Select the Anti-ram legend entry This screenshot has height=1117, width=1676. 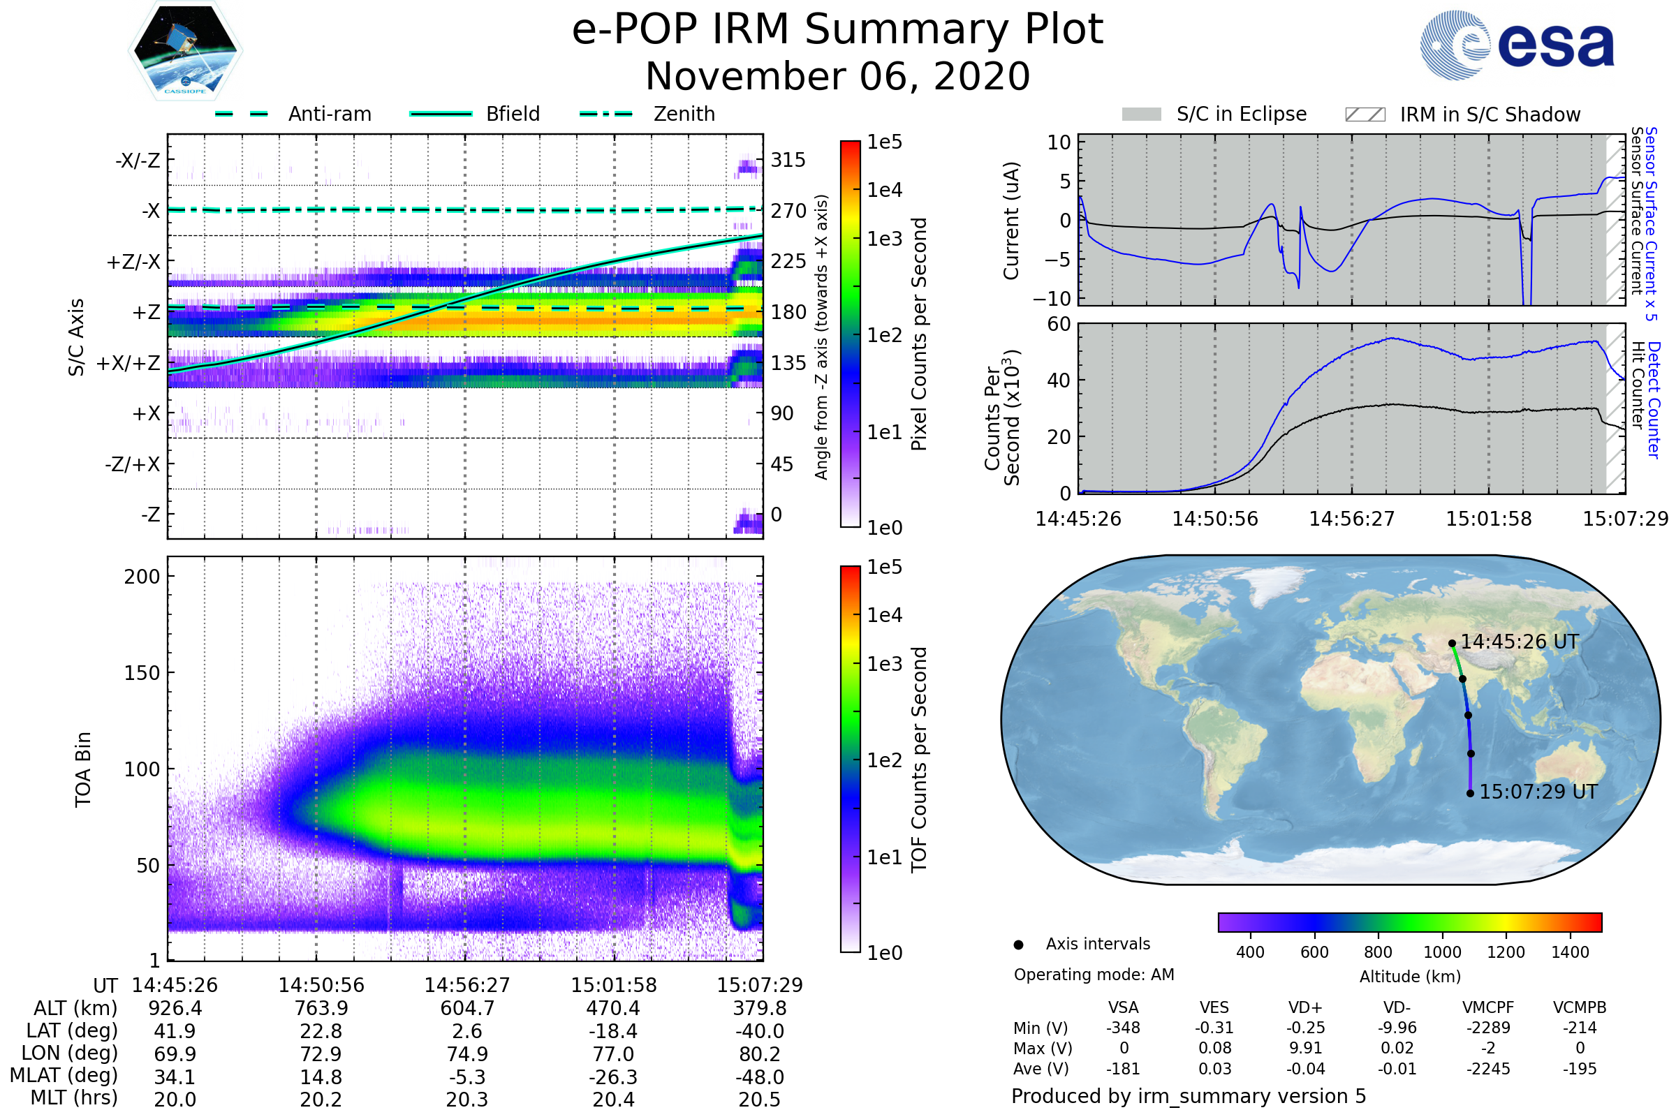click(293, 114)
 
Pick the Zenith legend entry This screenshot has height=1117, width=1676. click(647, 114)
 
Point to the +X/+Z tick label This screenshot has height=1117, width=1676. click(128, 363)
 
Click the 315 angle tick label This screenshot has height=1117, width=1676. click(788, 160)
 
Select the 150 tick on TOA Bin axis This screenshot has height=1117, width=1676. click(142, 672)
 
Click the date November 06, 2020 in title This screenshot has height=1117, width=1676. click(837, 76)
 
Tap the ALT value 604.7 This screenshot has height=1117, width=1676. click(466, 1008)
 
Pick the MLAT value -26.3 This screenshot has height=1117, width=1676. click(613, 1077)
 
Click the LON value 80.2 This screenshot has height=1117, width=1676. click(760, 1053)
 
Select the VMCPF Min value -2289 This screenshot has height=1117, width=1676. click(1488, 1027)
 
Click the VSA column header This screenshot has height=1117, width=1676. click(1123, 1007)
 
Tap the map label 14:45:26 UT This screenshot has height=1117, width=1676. click(1520, 642)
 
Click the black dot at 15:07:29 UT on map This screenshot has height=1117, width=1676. click(1470, 793)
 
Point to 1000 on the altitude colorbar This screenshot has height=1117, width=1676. click(1442, 952)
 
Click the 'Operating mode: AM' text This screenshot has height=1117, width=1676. click(1094, 975)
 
